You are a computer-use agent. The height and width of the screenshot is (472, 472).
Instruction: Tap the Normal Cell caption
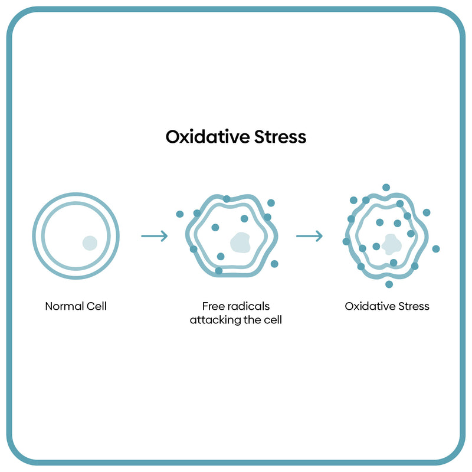[76, 306]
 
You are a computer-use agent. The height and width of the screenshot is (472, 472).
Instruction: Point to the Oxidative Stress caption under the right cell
[387, 306]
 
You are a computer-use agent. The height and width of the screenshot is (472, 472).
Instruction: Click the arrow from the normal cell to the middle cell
[155, 237]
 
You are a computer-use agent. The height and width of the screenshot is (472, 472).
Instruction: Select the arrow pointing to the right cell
[309, 237]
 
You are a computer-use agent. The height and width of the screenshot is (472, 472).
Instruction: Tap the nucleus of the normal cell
[90, 242]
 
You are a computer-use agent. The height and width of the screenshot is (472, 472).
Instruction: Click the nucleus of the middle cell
[240, 242]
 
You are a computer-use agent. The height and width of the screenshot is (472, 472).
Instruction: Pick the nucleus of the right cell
[391, 243]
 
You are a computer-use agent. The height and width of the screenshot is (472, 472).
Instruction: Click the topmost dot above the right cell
[386, 188]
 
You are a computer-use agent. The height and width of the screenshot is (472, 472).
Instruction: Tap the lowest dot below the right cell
[389, 284]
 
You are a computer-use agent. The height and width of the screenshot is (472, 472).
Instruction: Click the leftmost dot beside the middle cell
[180, 214]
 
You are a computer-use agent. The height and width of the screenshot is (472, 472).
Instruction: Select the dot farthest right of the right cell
[436, 249]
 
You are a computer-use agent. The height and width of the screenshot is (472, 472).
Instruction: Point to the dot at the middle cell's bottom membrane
[219, 271]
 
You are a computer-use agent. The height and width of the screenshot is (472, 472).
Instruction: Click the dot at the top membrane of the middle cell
[227, 199]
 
